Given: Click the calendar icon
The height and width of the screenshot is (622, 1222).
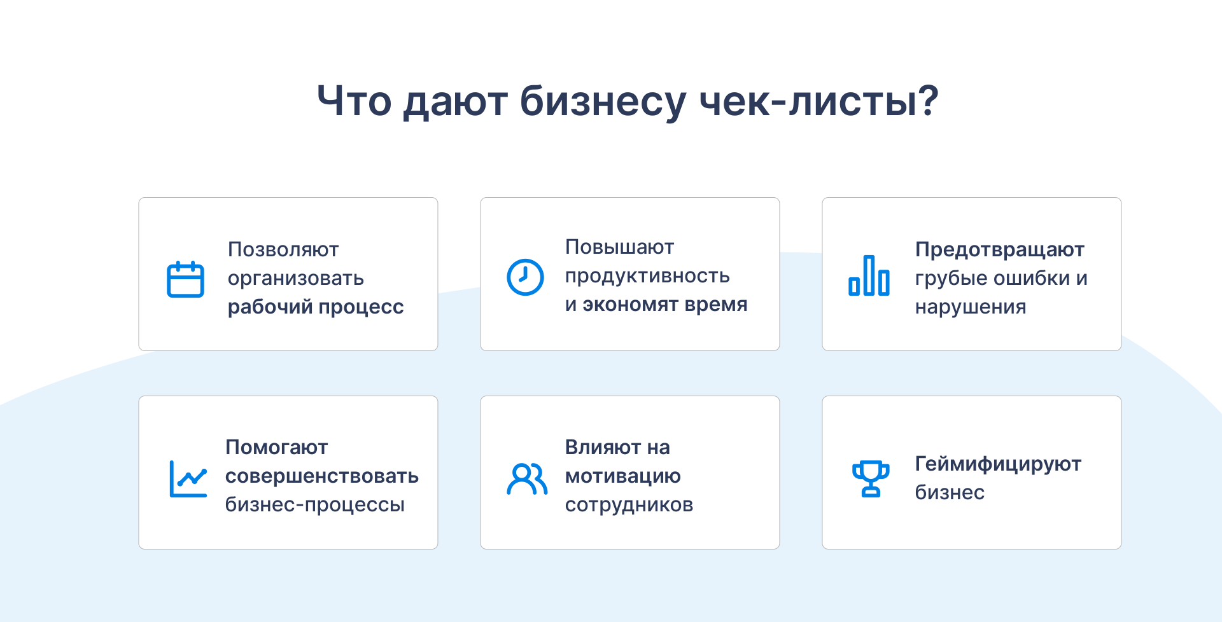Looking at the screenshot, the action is coord(185,280).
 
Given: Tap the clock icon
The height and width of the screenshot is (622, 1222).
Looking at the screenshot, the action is coord(525,277).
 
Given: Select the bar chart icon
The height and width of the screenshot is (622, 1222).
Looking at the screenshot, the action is coord(869,275).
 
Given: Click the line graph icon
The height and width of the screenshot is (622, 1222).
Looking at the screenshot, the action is coord(188,479).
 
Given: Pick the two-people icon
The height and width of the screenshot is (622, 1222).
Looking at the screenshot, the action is coord(527,479).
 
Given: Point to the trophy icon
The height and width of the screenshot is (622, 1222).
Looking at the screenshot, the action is coord(871,479).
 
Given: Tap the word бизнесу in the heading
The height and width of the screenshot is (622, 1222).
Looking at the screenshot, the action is coord(603,102).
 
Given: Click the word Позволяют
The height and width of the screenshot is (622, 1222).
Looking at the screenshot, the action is coord(283,249).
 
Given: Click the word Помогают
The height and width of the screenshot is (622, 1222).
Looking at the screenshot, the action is coord(276,447).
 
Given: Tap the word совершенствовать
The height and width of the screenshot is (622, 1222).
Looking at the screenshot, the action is coord(322,476).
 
